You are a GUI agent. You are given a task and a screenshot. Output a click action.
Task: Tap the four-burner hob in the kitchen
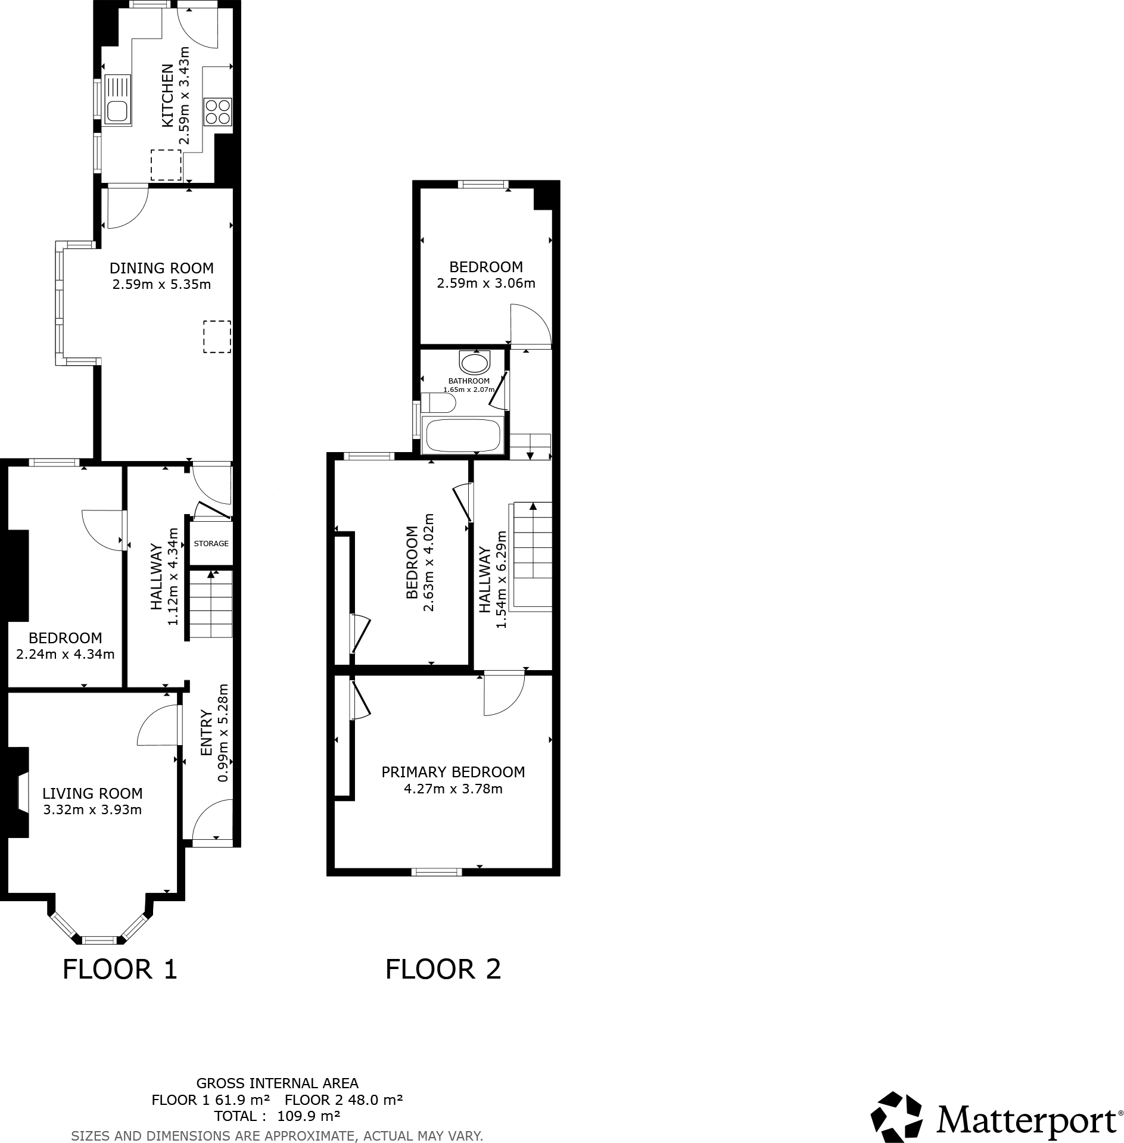point(217,111)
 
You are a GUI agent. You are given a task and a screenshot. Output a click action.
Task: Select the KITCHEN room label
point(168,95)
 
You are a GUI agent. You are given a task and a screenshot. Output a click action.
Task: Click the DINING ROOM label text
point(161,268)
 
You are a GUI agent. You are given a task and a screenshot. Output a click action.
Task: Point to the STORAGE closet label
point(211,543)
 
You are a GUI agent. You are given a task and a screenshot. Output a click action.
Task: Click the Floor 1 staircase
point(211,604)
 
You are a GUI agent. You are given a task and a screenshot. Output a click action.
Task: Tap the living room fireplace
point(21,792)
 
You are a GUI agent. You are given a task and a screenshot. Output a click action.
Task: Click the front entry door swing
point(211,821)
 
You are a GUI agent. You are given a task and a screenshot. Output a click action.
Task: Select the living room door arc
point(158,725)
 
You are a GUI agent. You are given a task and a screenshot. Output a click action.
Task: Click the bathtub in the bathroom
point(463,436)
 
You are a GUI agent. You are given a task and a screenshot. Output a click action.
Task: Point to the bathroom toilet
point(438,403)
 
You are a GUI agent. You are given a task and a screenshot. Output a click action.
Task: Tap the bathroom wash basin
point(475,362)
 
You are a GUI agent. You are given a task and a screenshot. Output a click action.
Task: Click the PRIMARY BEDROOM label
point(453,772)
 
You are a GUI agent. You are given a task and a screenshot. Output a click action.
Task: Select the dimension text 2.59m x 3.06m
point(486,284)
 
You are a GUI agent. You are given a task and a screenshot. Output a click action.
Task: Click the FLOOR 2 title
point(443,969)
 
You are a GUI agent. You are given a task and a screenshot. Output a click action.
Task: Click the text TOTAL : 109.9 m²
point(277,1116)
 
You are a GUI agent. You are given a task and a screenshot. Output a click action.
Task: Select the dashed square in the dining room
point(217,337)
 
